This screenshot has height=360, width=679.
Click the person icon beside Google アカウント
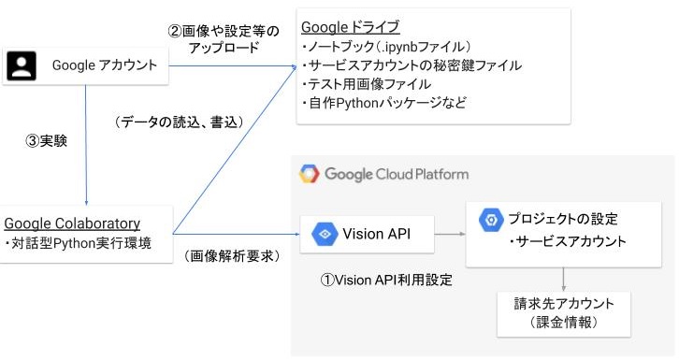click(22, 66)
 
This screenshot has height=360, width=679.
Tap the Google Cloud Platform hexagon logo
click(310, 174)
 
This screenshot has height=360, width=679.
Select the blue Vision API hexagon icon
click(325, 234)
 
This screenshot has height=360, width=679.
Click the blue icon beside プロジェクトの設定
click(491, 220)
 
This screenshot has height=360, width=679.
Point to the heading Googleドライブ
click(351, 27)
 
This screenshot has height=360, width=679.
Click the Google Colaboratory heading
click(72, 223)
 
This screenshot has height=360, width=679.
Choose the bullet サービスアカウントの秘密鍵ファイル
click(412, 65)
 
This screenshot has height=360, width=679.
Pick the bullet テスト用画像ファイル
click(367, 84)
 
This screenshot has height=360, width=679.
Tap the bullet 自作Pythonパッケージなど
click(384, 103)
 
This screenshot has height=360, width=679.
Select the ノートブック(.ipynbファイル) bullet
click(386, 47)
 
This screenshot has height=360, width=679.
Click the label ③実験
click(47, 140)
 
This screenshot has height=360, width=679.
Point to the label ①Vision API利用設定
click(386, 280)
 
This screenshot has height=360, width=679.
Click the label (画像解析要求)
click(233, 256)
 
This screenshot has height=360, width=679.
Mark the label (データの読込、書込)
click(179, 122)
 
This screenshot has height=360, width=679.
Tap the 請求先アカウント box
click(563, 313)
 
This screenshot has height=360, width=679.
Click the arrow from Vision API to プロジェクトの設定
click(450, 234)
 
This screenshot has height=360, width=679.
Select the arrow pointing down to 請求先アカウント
click(563, 280)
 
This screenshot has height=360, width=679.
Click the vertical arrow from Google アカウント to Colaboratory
click(86, 145)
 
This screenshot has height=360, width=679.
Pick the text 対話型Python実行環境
click(79, 243)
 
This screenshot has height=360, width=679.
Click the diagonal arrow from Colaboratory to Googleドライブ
click(234, 151)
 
